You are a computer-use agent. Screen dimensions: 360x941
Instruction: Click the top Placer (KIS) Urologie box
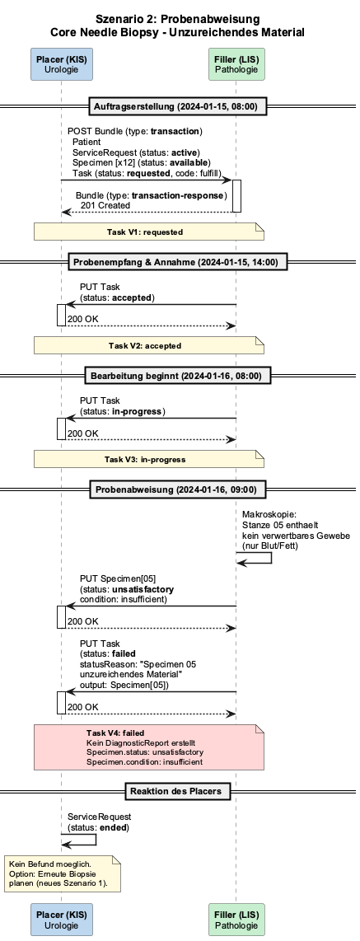(x=61, y=64)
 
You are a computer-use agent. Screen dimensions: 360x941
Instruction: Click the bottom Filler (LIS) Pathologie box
(x=236, y=920)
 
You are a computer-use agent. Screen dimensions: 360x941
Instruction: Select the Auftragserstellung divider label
(x=175, y=107)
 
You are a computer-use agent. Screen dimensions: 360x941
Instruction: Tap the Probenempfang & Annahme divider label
(x=175, y=262)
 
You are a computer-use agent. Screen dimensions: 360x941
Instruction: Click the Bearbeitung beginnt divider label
(x=175, y=377)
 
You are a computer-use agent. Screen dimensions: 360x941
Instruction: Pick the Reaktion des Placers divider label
(x=175, y=791)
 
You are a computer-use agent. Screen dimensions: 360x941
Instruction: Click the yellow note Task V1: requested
(x=149, y=232)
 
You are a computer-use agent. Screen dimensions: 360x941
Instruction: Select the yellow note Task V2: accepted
(x=149, y=346)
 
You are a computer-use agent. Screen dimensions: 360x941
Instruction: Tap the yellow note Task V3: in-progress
(x=149, y=459)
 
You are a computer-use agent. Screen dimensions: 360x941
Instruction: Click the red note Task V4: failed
(x=149, y=747)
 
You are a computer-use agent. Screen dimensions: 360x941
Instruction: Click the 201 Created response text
(x=105, y=205)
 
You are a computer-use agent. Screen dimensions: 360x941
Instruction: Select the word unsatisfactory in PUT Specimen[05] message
(x=144, y=590)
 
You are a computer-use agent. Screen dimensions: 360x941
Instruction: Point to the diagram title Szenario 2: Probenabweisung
(x=178, y=20)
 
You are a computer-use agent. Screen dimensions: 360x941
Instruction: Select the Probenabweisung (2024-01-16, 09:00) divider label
(x=175, y=489)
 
